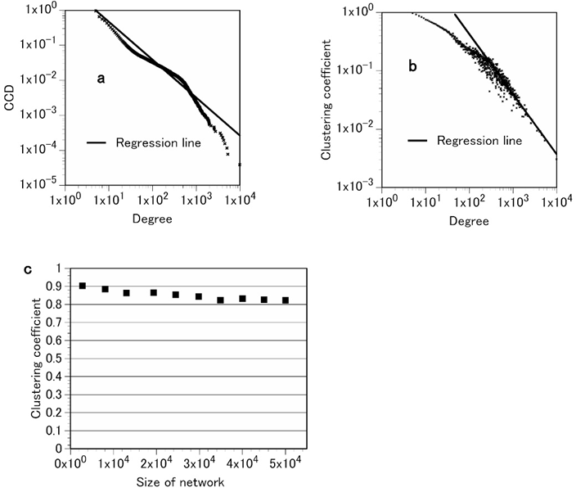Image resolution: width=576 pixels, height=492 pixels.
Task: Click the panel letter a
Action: coord(101,79)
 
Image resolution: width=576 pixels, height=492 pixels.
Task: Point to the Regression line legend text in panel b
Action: coord(479,141)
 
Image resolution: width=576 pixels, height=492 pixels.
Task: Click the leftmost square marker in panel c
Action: coord(83,286)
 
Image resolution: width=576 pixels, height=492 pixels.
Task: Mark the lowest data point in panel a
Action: coord(240,165)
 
